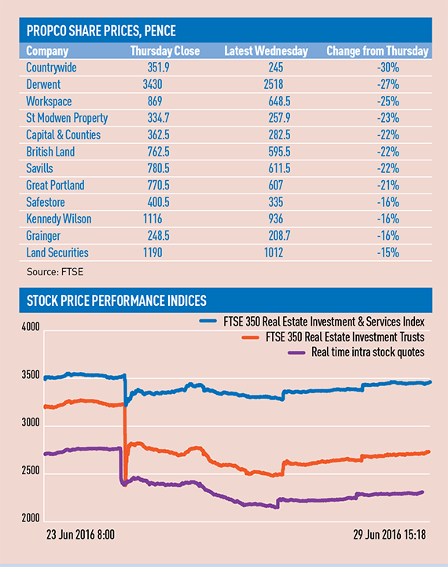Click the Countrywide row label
51,68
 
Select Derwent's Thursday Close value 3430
152,84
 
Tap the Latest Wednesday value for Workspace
279,101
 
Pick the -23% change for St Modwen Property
388,118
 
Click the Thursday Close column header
165,50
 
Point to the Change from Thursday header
377,50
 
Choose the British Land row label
50,152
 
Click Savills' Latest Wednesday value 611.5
279,168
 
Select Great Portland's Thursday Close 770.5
158,185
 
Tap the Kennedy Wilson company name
59,219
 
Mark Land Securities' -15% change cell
388,252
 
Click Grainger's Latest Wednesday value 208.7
279,236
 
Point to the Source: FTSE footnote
55,272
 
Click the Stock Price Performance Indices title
116,300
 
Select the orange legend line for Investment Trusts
251,337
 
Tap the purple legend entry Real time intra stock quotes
356,352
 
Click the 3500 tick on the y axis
31,374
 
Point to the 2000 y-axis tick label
31,518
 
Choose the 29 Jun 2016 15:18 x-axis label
390,535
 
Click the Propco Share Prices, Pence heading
101,31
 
